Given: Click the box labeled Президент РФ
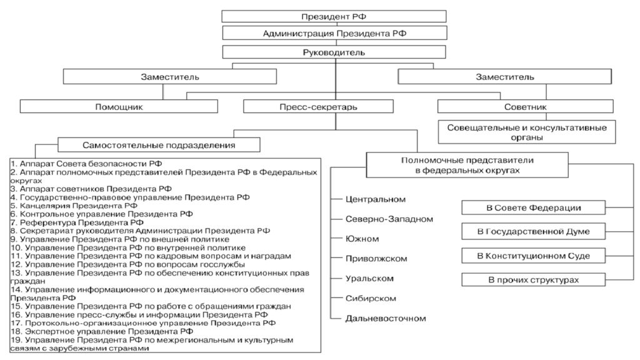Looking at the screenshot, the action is coord(334,16).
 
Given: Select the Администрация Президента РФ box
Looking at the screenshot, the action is coord(335,33).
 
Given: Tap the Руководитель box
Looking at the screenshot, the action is coord(334,52).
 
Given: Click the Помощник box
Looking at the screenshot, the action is coord(119,106).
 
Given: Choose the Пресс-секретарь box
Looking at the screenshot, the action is coord(318,106).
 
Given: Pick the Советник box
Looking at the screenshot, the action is coord(525,106).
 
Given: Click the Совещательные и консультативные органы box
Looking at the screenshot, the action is coord(527,132).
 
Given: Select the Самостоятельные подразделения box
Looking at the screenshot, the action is coord(159,145).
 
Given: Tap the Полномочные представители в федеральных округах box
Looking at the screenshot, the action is coord(467,165).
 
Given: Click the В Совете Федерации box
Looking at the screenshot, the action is coord(534,207).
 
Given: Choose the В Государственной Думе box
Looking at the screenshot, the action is coord(534,231).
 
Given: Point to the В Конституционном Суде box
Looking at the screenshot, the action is coord(534,256).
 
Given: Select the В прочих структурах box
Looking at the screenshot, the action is coord(534,279).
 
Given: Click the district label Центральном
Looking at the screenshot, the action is coord(376,199).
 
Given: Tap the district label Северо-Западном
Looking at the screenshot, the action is coord(389,219).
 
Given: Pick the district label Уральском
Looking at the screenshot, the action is coord(369,278).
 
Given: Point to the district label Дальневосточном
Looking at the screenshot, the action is coord(386,318).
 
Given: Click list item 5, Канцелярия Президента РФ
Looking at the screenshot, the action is coord(74,205).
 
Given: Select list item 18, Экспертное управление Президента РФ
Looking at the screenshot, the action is coord(102,331).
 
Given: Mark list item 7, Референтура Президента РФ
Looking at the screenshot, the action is coord(77,222).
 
